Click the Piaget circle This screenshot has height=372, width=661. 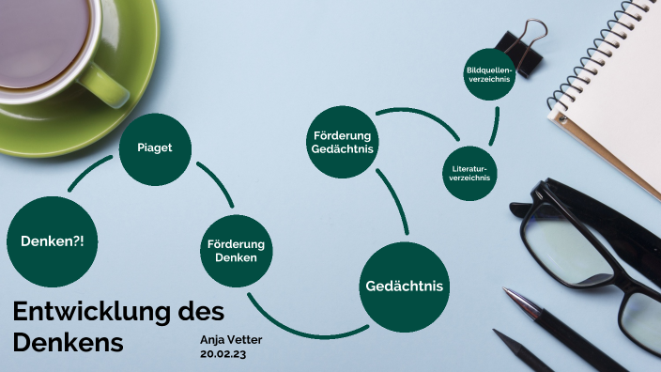tap(155, 148)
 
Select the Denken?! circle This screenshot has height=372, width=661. tap(52, 241)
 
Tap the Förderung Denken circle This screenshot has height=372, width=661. tap(236, 251)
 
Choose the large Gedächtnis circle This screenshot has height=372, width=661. tap(404, 286)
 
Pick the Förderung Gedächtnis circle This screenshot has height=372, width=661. tap(343, 144)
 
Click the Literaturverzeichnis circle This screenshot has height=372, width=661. tap(469, 173)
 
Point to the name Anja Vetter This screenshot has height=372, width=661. tap(231, 339)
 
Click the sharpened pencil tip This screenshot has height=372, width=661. tap(499, 334)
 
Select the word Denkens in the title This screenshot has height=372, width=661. tap(69, 343)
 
